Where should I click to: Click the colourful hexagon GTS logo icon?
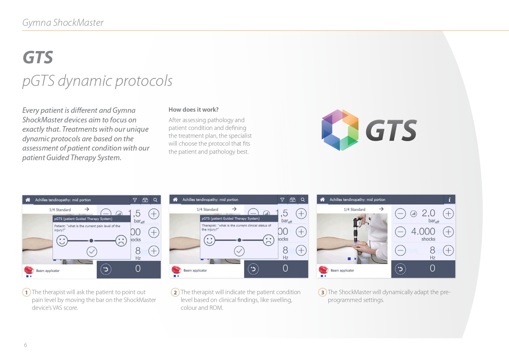[x=340, y=130]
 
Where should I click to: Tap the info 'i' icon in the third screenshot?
[x=449, y=199]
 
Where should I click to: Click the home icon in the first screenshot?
[x=28, y=200]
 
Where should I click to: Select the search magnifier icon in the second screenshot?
[x=303, y=199]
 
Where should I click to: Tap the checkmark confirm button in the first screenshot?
[x=92, y=252]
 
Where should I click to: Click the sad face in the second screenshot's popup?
[x=268, y=240]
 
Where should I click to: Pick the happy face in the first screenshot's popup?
[x=62, y=241]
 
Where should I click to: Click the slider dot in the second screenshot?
[x=239, y=240]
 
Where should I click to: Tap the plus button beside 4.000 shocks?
[x=448, y=232]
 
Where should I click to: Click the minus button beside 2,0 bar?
[x=400, y=214]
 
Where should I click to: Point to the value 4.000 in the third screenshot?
[x=423, y=231]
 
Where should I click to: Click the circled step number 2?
[x=175, y=292]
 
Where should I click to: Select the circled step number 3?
[x=322, y=292]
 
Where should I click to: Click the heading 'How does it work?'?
[x=193, y=110]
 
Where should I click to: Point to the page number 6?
[x=26, y=345]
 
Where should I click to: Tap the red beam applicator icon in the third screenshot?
[x=324, y=270]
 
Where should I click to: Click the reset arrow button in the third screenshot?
[x=400, y=269]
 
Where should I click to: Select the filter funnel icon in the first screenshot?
[x=135, y=200]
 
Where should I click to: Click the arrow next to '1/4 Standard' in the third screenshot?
[x=381, y=209]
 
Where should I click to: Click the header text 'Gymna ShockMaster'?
[x=63, y=23]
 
